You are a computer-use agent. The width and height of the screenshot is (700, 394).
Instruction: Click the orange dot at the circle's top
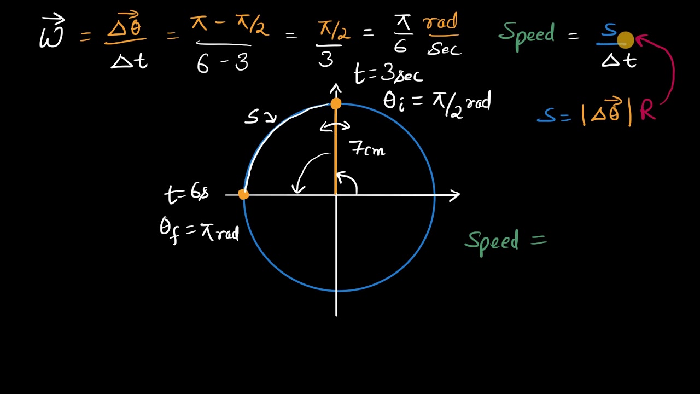(x=336, y=103)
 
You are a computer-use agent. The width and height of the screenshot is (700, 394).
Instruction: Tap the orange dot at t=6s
(x=244, y=194)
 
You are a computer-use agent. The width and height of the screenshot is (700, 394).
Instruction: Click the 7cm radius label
(x=367, y=148)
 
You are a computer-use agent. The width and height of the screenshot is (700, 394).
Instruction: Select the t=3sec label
(x=388, y=74)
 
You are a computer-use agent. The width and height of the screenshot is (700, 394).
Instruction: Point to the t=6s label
(x=186, y=193)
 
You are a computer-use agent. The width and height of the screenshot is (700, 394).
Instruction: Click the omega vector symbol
(x=52, y=34)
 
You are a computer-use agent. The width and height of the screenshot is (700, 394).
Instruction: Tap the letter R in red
(x=647, y=111)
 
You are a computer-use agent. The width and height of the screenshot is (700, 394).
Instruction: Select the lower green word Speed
(x=492, y=241)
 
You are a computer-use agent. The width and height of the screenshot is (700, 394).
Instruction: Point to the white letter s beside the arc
(x=253, y=117)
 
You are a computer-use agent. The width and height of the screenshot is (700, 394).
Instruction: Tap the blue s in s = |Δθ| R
(x=546, y=115)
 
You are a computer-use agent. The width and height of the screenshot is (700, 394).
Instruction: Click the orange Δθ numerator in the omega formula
(x=125, y=26)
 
